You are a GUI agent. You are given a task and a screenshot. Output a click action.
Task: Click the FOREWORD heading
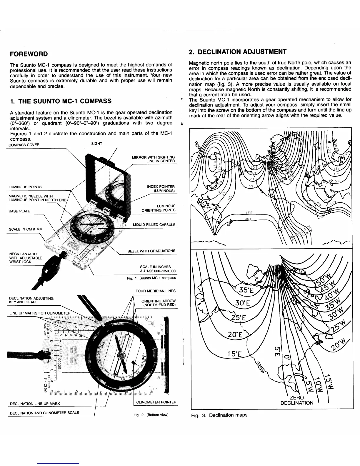29,54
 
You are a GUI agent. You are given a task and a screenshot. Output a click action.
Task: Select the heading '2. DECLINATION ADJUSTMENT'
238,52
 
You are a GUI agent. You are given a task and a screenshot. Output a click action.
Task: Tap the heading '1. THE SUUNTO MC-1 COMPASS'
61,101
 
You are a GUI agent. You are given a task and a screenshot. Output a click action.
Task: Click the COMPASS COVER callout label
24,145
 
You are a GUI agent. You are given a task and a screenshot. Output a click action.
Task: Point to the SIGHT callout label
96,144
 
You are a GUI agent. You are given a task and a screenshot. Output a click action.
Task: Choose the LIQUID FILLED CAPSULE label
154,225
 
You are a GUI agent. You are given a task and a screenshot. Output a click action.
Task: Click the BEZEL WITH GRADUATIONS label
151,251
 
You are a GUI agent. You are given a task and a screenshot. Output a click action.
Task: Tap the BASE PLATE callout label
19,211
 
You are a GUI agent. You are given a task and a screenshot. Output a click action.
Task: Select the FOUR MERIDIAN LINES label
155,291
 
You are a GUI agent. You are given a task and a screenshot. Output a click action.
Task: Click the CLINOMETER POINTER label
156,402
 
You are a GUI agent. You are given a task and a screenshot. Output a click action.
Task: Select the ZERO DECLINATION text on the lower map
297,400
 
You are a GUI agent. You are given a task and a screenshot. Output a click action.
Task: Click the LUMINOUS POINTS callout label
25,187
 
